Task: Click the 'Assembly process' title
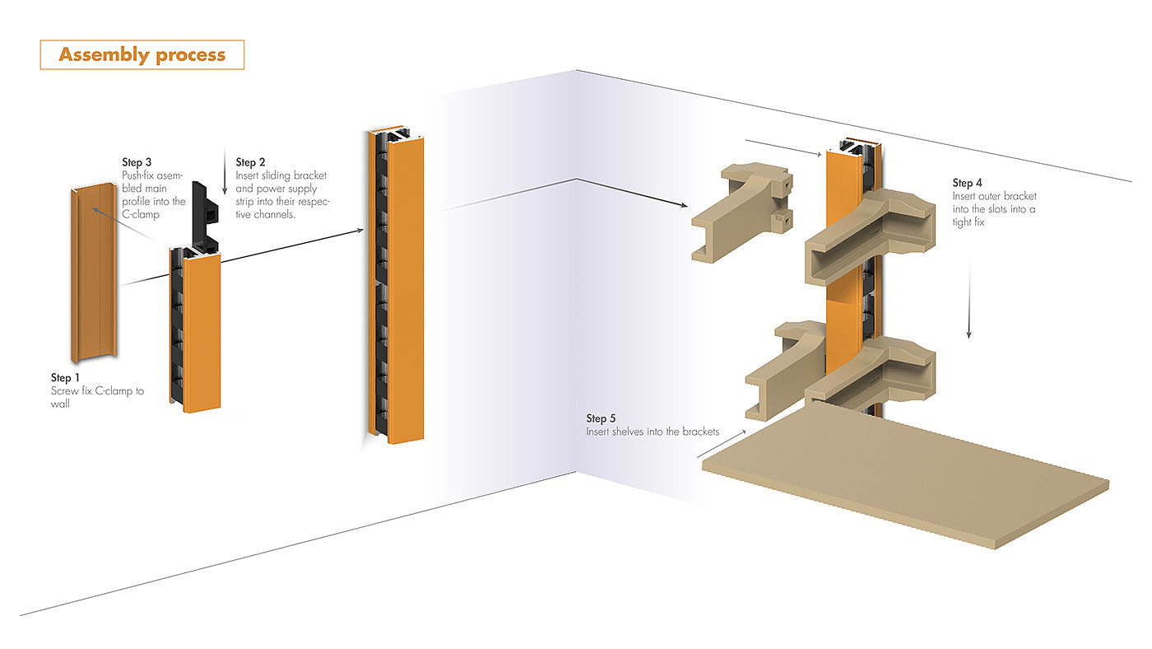pos(142,55)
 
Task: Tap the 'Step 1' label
pos(67,377)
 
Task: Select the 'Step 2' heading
pos(251,162)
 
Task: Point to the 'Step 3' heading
pos(137,162)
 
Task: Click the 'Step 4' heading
pos(969,183)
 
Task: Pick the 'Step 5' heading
pos(602,418)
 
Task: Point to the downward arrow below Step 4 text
pos(969,296)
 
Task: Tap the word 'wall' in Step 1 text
pos(60,404)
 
